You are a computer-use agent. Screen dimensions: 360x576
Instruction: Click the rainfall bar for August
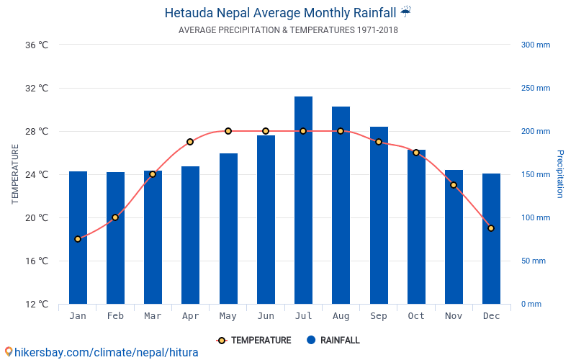point(341,205)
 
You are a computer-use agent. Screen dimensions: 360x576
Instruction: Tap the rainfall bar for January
point(78,238)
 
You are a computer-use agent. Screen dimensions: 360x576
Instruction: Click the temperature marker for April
point(190,142)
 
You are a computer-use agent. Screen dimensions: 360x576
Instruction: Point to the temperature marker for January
point(78,239)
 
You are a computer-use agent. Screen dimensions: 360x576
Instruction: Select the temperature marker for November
point(454,185)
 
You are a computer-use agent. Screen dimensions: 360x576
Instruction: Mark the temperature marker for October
point(416,153)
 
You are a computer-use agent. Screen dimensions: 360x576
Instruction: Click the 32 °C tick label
point(37,88)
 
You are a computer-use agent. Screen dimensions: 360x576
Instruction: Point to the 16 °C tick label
point(37,261)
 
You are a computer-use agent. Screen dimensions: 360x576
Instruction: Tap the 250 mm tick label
point(535,88)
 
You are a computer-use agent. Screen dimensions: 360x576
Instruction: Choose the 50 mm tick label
point(534,261)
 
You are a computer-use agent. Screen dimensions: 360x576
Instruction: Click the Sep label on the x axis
point(379,316)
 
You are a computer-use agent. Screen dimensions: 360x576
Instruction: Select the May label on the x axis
point(228,316)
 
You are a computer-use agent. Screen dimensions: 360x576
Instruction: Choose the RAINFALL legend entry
point(333,341)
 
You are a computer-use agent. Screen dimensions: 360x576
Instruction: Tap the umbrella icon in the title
point(405,12)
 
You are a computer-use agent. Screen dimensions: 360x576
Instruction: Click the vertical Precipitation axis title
point(559,174)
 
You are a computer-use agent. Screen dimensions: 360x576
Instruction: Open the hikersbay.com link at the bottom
point(101,353)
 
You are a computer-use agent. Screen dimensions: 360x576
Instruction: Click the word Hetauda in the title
point(189,12)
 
